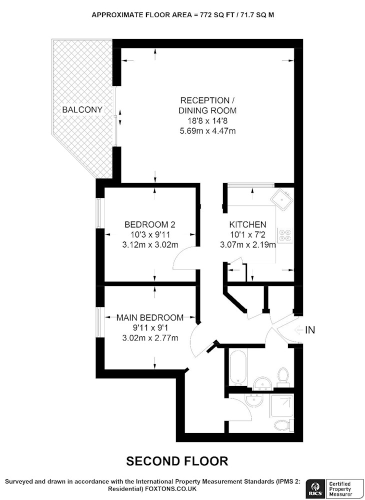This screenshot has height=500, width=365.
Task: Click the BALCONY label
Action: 82,109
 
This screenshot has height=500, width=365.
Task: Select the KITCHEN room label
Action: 247,224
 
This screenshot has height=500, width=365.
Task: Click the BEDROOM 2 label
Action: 150,224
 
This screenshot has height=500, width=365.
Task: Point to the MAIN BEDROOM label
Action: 149,317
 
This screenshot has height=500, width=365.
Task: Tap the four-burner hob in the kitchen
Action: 286,236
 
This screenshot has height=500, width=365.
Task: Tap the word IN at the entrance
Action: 310,330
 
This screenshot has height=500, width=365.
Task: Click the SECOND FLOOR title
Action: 177,460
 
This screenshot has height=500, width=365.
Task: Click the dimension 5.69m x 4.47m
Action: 207,131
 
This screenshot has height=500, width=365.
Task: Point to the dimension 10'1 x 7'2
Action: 247,234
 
